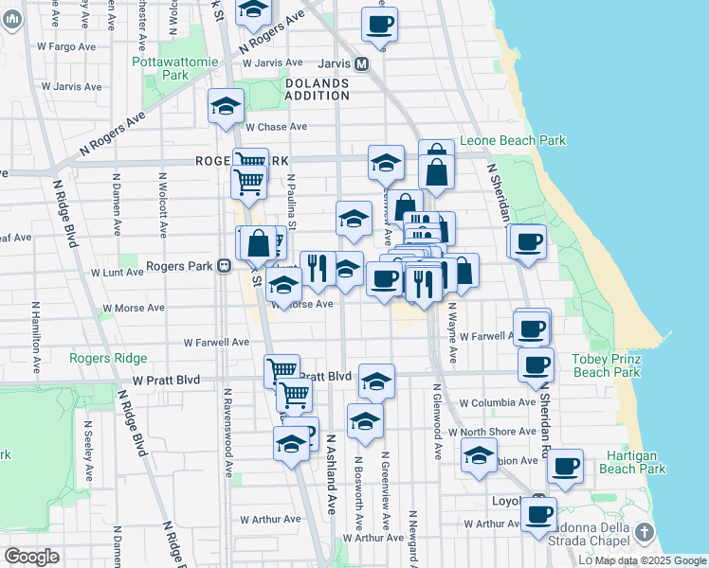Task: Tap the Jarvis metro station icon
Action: (x=361, y=64)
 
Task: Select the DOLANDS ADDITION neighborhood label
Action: (x=317, y=90)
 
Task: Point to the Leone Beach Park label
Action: (x=513, y=140)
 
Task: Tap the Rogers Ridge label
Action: (x=108, y=358)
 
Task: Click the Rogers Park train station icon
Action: (x=225, y=266)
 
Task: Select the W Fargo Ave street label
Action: (x=65, y=45)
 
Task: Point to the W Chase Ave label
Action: (x=276, y=127)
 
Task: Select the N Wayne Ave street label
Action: (x=453, y=331)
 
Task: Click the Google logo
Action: (x=31, y=557)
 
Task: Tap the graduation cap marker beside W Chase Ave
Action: (x=227, y=106)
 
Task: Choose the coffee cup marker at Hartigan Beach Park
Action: (x=566, y=466)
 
